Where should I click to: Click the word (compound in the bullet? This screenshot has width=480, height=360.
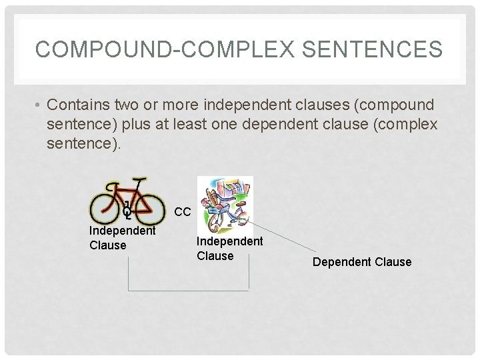pyautogui.click(x=393, y=105)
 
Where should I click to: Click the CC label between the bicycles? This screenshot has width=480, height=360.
pyautogui.click(x=183, y=212)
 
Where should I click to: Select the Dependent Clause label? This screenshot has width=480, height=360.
pyautogui.click(x=362, y=262)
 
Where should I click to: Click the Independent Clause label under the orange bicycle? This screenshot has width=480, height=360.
pyautogui.click(x=122, y=237)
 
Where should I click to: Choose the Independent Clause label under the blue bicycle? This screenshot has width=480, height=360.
pyautogui.click(x=229, y=248)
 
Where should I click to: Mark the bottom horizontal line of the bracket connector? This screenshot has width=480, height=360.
pyautogui.click(x=187, y=290)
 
